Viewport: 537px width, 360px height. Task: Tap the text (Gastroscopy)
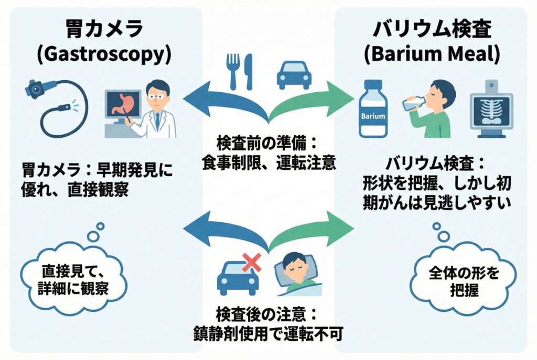(x=103, y=55)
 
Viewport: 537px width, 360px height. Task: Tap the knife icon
(x=249, y=72)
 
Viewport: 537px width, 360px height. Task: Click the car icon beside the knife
(x=293, y=75)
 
